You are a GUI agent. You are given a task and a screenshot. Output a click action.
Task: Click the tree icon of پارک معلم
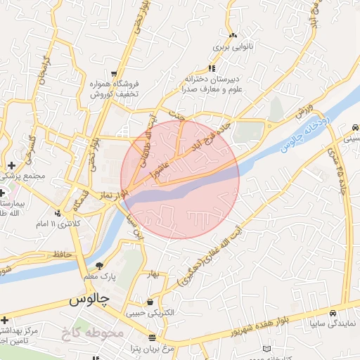coord(99,266)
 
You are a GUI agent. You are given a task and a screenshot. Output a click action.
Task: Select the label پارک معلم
coord(101,278)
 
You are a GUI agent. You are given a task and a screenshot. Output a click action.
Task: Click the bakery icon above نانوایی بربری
coord(232,34)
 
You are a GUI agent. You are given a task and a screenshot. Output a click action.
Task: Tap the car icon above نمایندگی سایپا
coord(333,314)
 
